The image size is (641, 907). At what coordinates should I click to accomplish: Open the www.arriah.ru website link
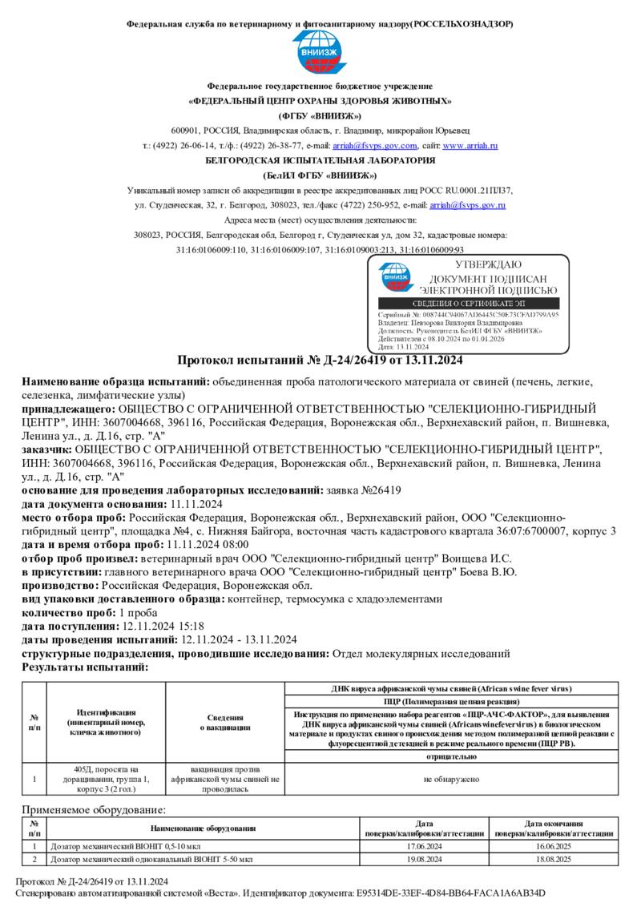pyautogui.click(x=470, y=146)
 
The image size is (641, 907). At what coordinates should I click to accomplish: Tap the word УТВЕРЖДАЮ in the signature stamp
pyautogui.click(x=488, y=264)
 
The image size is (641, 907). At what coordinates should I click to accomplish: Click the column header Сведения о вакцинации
pyautogui.click(x=225, y=723)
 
